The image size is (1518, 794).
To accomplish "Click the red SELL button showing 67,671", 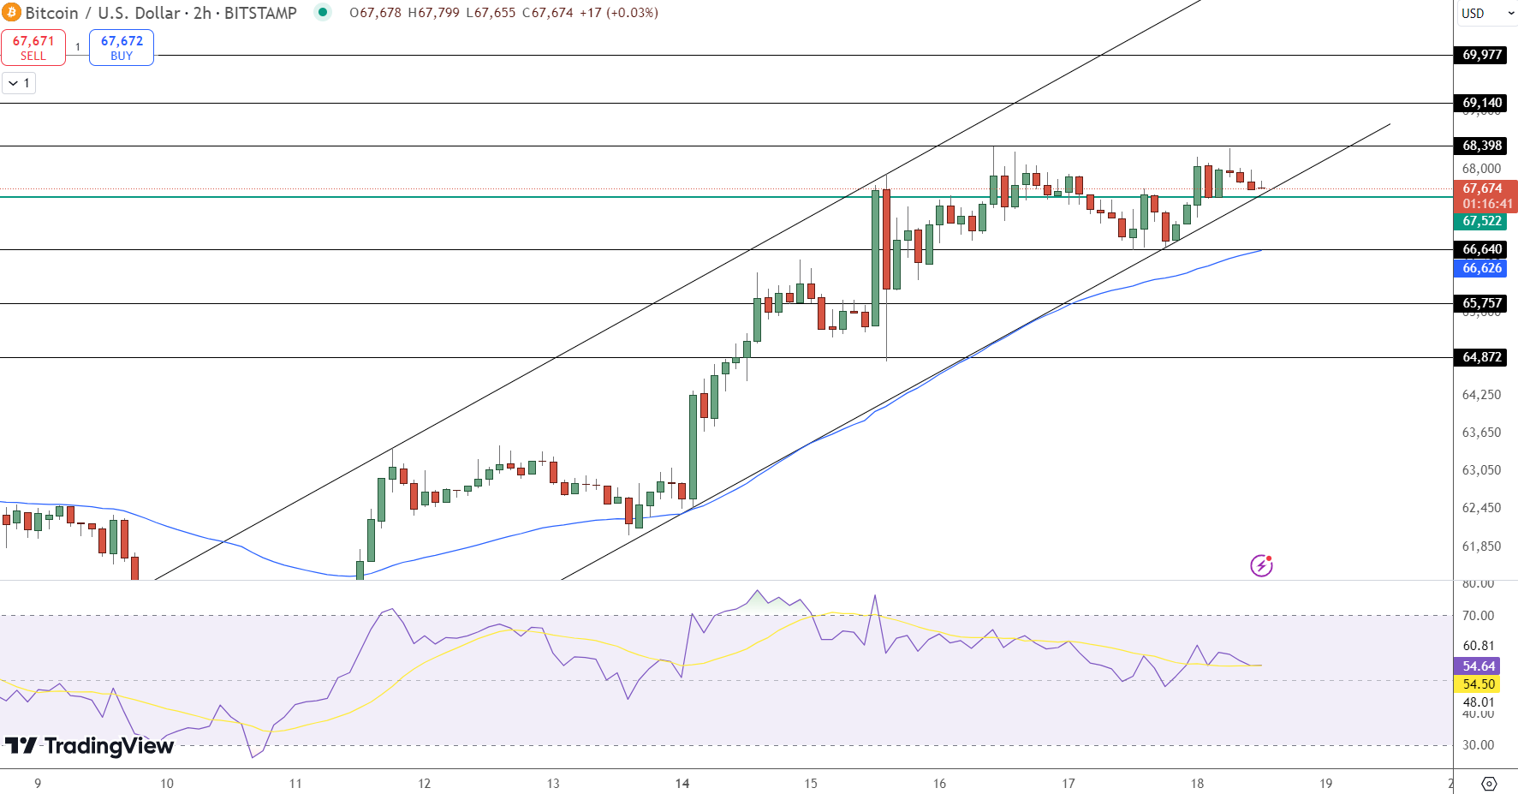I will tap(33, 48).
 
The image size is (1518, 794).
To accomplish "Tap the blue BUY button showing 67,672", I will tap(122, 48).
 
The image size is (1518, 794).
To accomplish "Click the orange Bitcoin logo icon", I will tap(11, 13).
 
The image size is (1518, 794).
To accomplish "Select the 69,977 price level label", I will tap(1482, 55).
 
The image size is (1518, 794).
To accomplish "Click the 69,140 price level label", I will tap(1482, 103).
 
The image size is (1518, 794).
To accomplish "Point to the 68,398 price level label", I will tap(1482, 146).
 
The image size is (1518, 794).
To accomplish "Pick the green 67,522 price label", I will tap(1482, 221).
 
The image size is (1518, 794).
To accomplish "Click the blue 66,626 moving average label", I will tap(1482, 268).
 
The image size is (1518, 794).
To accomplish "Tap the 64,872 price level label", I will tap(1482, 357).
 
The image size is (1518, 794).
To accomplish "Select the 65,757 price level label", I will tap(1482, 303).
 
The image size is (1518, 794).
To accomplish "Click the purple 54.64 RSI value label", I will tap(1479, 666).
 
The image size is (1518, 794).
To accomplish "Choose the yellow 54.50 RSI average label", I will tap(1479, 684).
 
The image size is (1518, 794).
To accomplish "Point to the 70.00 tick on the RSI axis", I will tap(1478, 616).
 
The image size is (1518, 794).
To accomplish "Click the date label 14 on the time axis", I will tap(682, 783).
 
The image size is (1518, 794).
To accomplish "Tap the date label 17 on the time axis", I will tap(1069, 783).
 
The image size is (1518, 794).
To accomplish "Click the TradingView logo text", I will tap(90, 746).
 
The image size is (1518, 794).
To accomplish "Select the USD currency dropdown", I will tap(1484, 13).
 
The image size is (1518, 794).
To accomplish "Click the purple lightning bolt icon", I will tap(1261, 565).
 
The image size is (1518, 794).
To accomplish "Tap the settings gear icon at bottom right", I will tap(1489, 784).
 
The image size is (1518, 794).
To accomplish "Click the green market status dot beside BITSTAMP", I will tap(323, 12).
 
